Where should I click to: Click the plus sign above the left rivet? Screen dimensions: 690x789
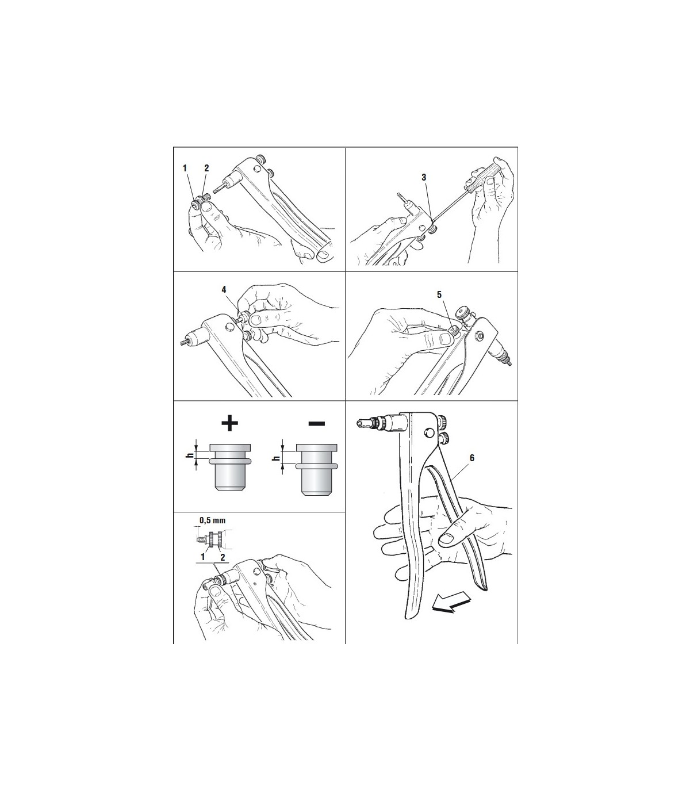pos(230,423)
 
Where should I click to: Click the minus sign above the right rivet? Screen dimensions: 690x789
pos(316,423)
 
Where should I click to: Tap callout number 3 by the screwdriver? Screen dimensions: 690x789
pos(424,177)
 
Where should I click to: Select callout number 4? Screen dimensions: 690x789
pos(224,290)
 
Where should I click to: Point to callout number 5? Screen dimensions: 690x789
pos(439,295)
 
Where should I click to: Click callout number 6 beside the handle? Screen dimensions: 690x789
pos(472,458)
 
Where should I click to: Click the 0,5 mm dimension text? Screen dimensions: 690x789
pos(212,520)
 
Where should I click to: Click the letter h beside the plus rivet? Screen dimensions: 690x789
pos(189,455)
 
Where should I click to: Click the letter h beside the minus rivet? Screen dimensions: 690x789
pos(275,458)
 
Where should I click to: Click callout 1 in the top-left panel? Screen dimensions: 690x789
pos(185,168)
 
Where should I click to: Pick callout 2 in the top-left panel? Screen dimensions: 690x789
pos(206,168)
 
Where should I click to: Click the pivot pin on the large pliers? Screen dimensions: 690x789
pos(428,433)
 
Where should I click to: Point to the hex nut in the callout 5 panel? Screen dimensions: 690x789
pos(477,335)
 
